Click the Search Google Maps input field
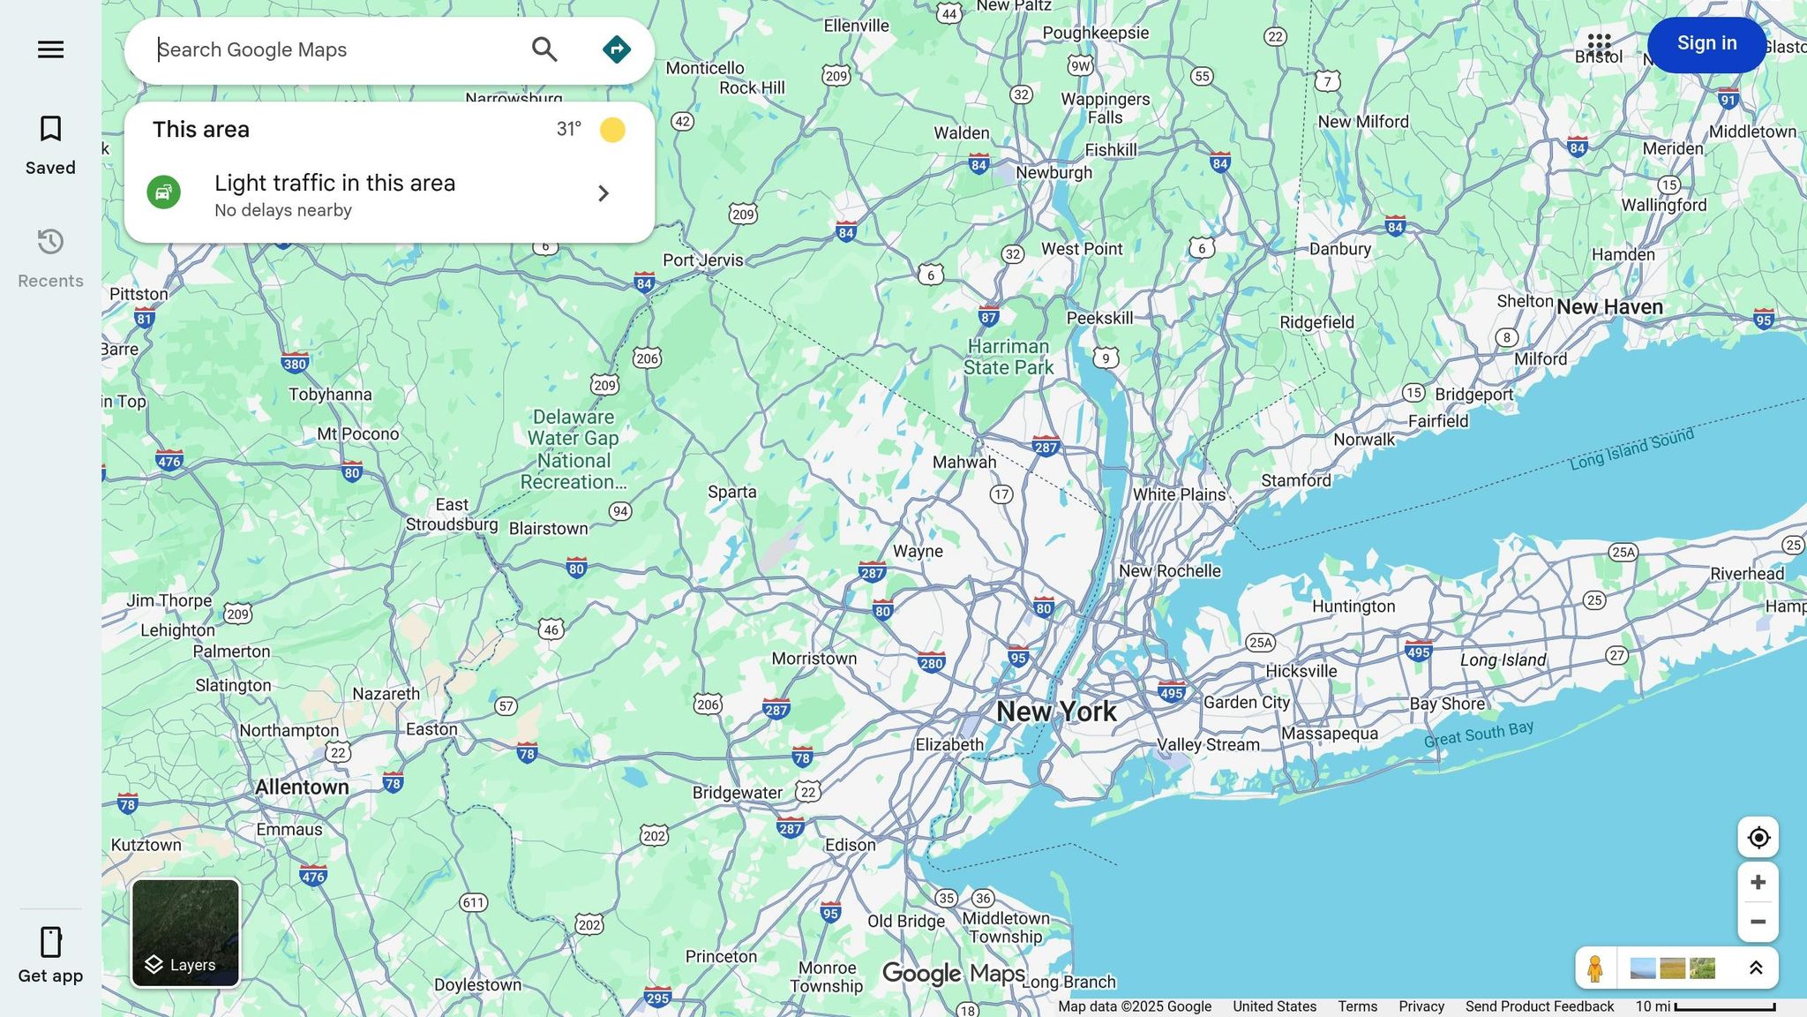335,50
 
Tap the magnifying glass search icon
544,49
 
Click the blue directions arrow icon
617,49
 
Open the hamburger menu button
50,49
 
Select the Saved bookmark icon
50,129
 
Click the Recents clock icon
50,242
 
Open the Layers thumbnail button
185,932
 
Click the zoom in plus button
1758,882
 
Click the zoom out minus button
1758,922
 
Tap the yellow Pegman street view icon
1594,968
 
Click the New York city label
1056,712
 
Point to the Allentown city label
302,787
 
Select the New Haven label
1609,307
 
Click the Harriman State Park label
1008,357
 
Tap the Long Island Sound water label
1631,448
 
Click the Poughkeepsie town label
1096,33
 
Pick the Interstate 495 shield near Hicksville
1418,652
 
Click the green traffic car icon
164,192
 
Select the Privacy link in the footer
1421,1006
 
